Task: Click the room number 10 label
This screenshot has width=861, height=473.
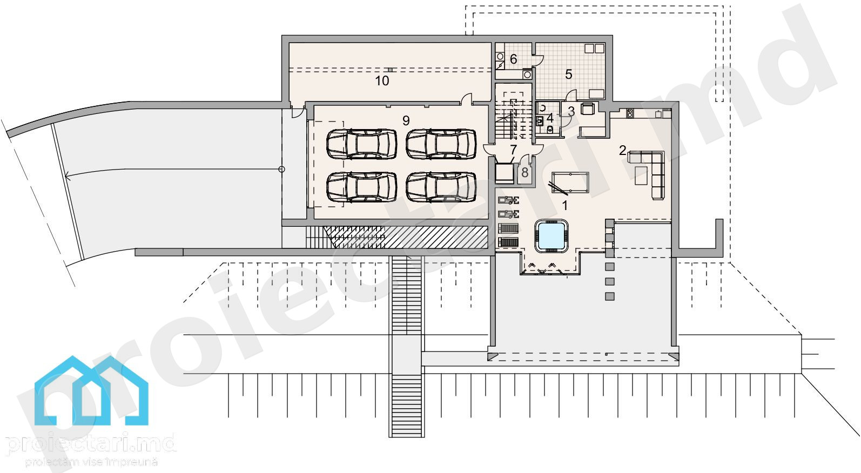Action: [382, 80]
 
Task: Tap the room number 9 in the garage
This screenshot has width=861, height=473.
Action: [406, 120]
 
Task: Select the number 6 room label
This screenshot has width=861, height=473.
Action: [513, 59]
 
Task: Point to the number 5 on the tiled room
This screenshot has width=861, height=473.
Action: [568, 74]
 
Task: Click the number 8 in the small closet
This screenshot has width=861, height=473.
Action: [524, 173]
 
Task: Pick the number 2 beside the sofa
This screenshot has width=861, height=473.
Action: [622, 150]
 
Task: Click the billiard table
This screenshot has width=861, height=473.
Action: [570, 183]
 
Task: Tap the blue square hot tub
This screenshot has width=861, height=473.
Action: [551, 236]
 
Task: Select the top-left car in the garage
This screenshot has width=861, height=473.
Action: [362, 144]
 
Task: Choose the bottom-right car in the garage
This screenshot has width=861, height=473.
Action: [441, 187]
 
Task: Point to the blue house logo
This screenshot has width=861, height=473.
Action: [91, 390]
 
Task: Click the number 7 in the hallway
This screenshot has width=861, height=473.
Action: [514, 149]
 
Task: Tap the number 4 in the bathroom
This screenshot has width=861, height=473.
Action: [550, 118]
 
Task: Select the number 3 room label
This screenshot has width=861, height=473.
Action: [571, 111]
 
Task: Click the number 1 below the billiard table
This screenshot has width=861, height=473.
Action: [564, 206]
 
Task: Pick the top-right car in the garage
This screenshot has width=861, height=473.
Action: [441, 144]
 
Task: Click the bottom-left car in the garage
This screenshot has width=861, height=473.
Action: [362, 187]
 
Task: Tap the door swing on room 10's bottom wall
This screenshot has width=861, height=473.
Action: [466, 98]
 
